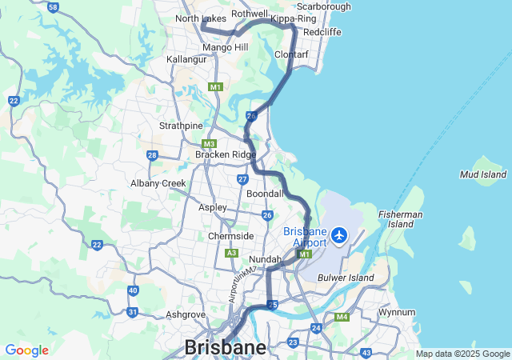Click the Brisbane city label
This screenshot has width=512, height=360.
(x=226, y=347)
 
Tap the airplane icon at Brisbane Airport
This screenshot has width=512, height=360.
(x=340, y=236)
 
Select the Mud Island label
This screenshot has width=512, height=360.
(x=483, y=174)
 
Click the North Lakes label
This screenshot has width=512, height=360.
(x=201, y=18)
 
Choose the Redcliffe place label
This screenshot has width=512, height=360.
(x=322, y=31)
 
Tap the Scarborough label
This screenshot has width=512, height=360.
(x=324, y=6)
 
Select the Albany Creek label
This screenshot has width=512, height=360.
(x=158, y=183)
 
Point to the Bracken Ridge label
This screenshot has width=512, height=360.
(x=226, y=154)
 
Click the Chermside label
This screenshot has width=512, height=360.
(x=230, y=236)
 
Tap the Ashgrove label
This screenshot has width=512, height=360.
(x=186, y=314)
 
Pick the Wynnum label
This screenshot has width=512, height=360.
(x=397, y=312)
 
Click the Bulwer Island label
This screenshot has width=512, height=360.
(x=345, y=278)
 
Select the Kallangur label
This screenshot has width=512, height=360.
(x=187, y=60)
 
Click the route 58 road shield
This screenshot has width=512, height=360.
(x=53, y=7)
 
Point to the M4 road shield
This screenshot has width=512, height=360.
(x=342, y=318)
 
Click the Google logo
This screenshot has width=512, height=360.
(x=26, y=350)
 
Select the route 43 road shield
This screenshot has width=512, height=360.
(x=366, y=353)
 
